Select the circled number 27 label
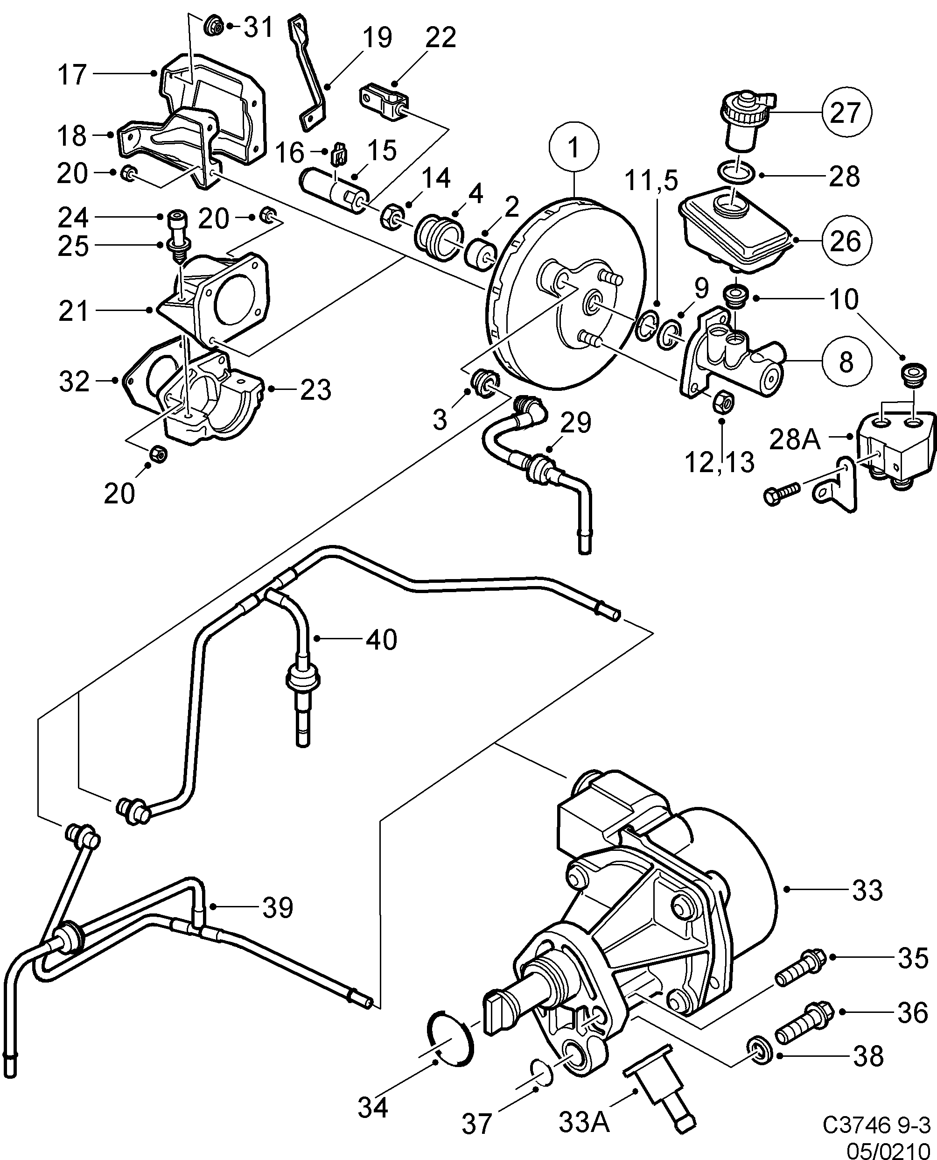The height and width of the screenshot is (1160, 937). pyautogui.click(x=845, y=113)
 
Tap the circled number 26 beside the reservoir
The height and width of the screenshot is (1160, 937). pyautogui.click(x=845, y=240)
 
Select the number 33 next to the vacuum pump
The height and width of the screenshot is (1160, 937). pyautogui.click(x=867, y=890)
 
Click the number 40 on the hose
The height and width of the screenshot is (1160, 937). pyautogui.click(x=381, y=639)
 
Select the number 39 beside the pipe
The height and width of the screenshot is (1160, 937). pyautogui.click(x=278, y=908)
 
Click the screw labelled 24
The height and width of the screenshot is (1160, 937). pyautogui.click(x=176, y=219)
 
